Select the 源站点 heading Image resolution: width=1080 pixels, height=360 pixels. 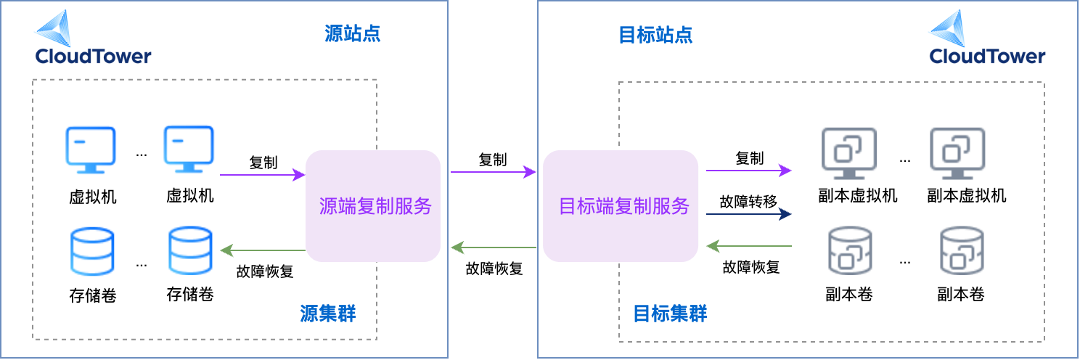point(352,33)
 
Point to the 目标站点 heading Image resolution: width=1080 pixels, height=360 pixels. point(655,35)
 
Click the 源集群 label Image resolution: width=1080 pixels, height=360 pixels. point(328,314)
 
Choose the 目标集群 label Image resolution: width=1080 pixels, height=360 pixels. point(670,314)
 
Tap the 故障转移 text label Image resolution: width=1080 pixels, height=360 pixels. point(748,201)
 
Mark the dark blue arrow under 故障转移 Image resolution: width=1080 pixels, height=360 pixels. point(748,214)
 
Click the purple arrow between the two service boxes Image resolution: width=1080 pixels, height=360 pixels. point(494,172)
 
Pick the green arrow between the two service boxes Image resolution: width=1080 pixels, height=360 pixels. point(494,248)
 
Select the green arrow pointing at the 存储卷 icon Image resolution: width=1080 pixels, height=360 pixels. point(262,251)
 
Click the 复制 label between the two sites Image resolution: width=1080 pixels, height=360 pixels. point(492,160)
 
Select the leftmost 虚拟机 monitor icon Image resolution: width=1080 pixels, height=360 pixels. point(91,150)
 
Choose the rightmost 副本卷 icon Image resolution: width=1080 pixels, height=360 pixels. point(962,250)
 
